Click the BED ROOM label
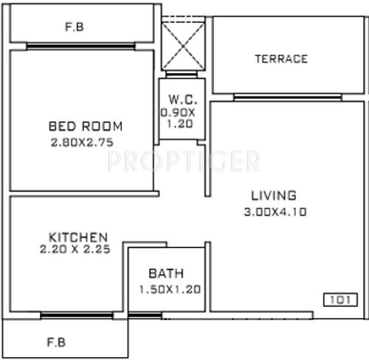[86, 125]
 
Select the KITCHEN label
[78, 237]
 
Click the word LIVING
[273, 195]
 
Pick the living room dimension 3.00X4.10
[273, 211]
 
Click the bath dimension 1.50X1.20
[170, 289]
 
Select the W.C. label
[181, 99]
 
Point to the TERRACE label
[281, 59]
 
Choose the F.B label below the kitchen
[55, 342]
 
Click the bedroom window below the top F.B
[81, 46]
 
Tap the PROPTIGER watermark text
[184, 161]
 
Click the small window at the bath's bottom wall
[145, 316]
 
